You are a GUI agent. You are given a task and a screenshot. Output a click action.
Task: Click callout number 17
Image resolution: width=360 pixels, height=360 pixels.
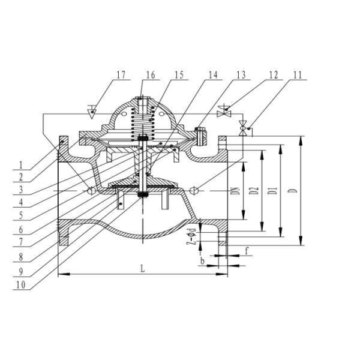tap(121, 75)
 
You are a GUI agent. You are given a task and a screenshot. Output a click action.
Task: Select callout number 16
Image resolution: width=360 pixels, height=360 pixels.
tap(150, 75)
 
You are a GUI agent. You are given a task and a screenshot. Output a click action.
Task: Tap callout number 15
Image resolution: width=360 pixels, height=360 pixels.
tap(179, 75)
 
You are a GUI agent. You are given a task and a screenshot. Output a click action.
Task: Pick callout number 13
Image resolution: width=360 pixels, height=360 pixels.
tap(241, 75)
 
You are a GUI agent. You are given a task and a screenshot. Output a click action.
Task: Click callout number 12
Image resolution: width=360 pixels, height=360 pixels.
tap(273, 75)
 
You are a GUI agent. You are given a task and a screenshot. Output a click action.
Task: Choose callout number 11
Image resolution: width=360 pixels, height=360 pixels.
tap(298, 75)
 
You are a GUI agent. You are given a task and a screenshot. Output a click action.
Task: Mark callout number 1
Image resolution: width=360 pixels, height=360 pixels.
tap(20, 164)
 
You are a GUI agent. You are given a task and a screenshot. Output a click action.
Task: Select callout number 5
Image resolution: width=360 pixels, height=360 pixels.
tap(20, 215)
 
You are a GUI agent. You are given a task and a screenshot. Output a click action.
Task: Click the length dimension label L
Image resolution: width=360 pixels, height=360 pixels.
tap(142, 269)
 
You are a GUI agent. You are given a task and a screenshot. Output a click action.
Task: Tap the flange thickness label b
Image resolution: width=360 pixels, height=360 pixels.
tap(202, 262)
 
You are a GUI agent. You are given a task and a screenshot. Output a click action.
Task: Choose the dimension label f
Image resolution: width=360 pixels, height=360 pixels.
tap(246, 251)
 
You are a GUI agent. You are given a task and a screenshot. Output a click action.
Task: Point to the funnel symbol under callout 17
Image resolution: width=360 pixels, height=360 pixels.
tap(91, 112)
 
